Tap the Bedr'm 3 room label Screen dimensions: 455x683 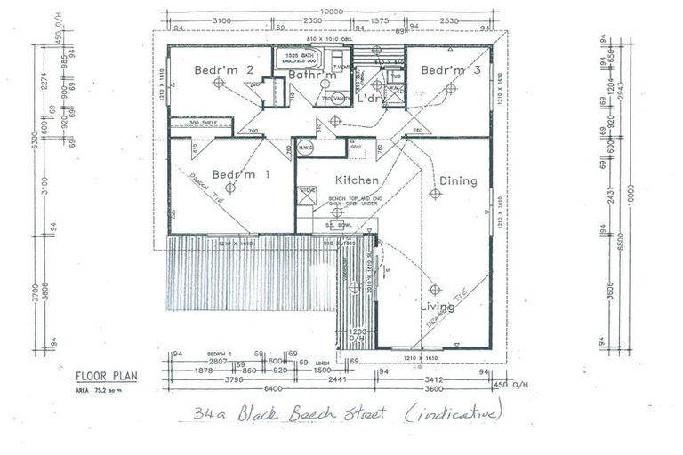(445, 69)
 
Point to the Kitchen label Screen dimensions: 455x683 (357, 180)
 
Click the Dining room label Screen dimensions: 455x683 (457, 180)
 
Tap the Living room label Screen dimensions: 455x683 (437, 307)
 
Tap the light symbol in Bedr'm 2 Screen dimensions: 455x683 (219, 83)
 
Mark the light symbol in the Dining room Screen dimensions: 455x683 (435, 193)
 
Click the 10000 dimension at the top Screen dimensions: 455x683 (331, 10)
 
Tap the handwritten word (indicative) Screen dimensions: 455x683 (453, 413)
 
